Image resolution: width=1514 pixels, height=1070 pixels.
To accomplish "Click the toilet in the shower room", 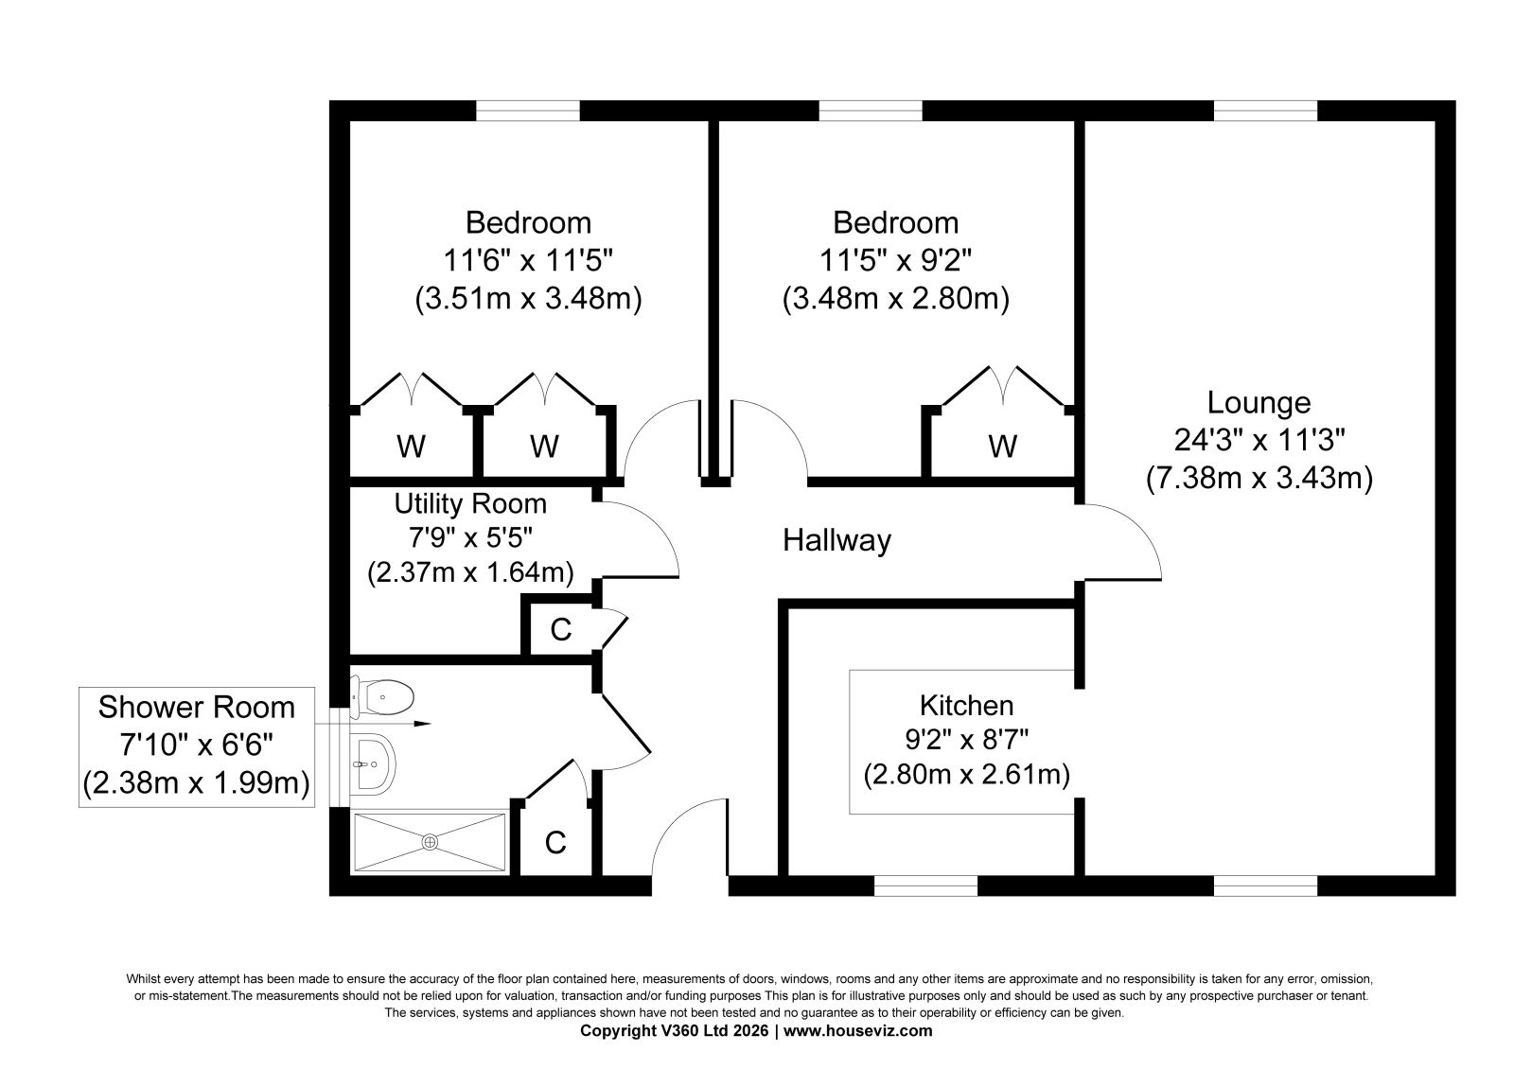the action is click(382, 696).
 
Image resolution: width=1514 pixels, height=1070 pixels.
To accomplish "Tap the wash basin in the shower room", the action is click(373, 764).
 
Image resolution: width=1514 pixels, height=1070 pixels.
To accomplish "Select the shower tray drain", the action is click(430, 842).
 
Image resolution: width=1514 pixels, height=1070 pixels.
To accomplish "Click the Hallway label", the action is click(836, 540).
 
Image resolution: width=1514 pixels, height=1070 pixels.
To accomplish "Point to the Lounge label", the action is click(1259, 403).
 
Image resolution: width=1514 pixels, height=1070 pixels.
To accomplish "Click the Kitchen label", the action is click(966, 706).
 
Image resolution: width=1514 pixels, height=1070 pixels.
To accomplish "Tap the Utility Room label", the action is click(470, 503).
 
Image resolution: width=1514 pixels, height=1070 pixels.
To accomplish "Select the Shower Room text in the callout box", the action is click(197, 707).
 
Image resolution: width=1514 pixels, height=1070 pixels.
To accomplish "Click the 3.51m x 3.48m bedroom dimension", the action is click(528, 298).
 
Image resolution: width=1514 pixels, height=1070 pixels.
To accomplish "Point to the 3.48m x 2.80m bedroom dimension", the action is click(895, 298).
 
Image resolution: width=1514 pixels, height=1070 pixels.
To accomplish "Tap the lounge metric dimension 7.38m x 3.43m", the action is click(1259, 478).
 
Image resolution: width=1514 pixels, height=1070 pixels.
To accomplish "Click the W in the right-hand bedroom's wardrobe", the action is click(1002, 447).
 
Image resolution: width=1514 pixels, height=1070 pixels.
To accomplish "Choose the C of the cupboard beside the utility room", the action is click(561, 629).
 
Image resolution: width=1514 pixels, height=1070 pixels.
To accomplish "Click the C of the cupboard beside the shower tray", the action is click(555, 842).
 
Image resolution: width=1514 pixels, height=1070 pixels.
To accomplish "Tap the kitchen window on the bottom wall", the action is click(926, 886).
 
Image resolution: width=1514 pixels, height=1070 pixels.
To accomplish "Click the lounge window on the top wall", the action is click(1265, 111).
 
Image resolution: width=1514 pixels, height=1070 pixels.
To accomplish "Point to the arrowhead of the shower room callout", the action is click(422, 724).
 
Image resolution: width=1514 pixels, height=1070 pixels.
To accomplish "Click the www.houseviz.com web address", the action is click(857, 1031).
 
